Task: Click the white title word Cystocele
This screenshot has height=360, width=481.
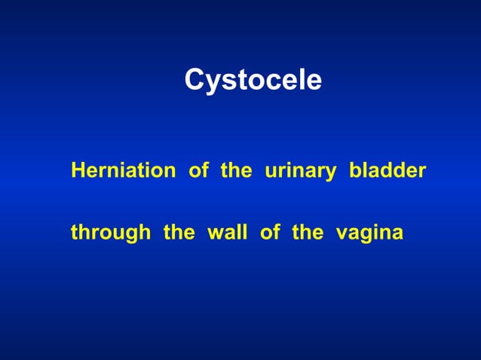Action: (253, 81)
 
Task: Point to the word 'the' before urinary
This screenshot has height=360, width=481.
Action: (235, 170)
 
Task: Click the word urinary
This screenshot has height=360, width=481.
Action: (300, 172)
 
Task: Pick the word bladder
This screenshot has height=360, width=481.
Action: (387, 170)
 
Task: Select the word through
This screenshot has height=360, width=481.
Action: (110, 233)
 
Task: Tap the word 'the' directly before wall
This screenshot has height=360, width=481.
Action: (179, 233)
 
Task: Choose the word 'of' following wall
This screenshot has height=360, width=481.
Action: (269, 233)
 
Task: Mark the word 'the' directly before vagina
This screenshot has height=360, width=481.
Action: (307, 233)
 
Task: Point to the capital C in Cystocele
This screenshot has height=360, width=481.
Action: (195, 80)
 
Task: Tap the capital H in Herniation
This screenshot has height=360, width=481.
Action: (78, 170)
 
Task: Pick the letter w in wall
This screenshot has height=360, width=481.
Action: (214, 234)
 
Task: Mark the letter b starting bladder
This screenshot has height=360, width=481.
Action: (354, 170)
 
